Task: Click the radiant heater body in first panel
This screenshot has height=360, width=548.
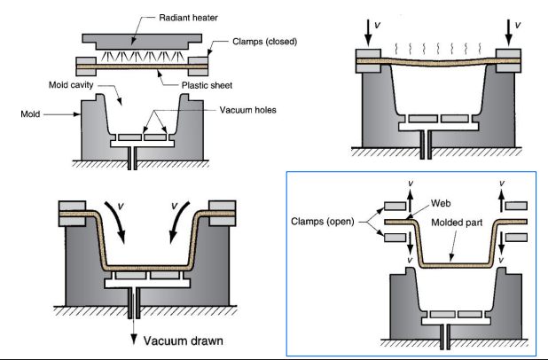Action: point(147,40)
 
